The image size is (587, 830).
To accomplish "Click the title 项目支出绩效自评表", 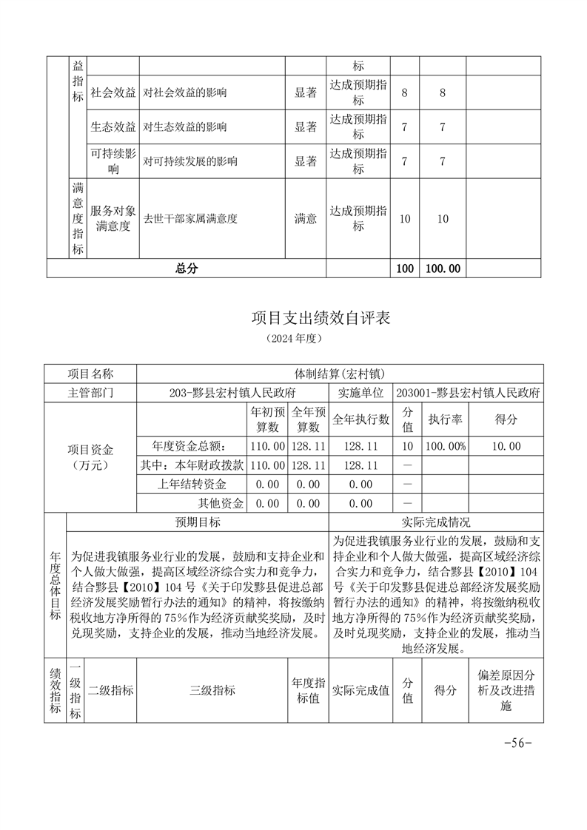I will click(x=321, y=319).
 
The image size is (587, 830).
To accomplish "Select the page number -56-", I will click(x=517, y=743).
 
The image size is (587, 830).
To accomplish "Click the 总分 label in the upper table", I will click(x=186, y=269).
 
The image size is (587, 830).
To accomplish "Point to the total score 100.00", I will click(x=442, y=269).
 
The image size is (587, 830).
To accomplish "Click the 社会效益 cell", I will click(x=113, y=93).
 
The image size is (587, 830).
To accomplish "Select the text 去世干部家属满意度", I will click(x=190, y=219).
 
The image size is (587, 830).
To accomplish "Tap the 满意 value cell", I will click(x=305, y=219).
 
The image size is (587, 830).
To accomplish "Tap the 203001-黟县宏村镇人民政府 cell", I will click(x=468, y=392).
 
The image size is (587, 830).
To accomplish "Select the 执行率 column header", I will click(x=446, y=419).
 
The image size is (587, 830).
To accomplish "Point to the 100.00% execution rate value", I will click(x=446, y=446).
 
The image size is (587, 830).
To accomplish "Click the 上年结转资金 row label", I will click(x=192, y=485).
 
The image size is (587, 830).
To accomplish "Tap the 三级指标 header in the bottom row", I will click(x=212, y=690).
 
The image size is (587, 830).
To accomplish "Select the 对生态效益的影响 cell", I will click(x=185, y=127).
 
